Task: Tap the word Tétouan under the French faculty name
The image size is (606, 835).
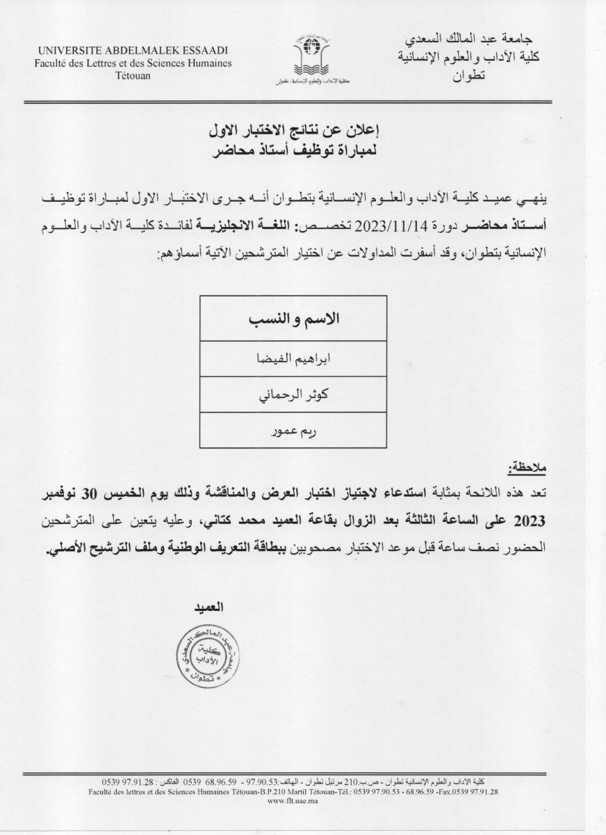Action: (x=136, y=74)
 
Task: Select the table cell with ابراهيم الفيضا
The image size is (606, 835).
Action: (x=293, y=360)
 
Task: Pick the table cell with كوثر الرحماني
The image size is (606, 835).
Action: (x=293, y=395)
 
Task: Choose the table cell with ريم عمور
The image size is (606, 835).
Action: (x=293, y=430)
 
